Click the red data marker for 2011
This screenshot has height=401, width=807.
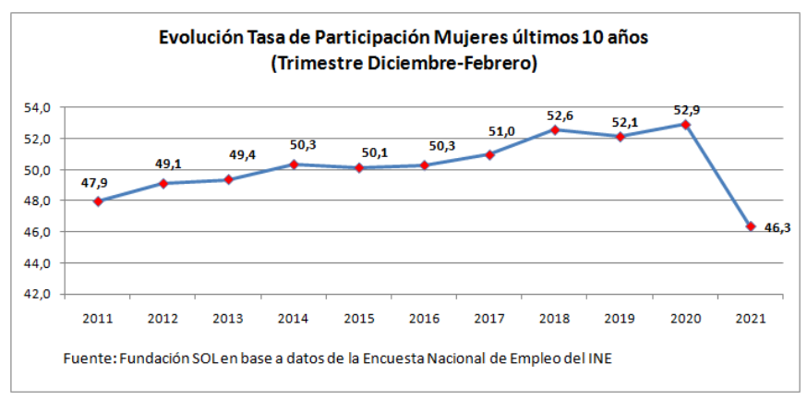pyautogui.click(x=98, y=201)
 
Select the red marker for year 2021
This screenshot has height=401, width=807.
pyautogui.click(x=751, y=226)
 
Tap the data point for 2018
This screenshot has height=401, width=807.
pyautogui.click(x=555, y=129)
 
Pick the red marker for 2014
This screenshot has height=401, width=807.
pyautogui.click(x=294, y=164)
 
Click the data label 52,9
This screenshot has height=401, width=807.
pyautogui.click(x=686, y=111)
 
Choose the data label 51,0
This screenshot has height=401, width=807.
pyautogui.click(x=489, y=133)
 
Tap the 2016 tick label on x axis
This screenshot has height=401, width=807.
pyautogui.click(x=424, y=319)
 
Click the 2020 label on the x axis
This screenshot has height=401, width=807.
pyautogui.click(x=685, y=319)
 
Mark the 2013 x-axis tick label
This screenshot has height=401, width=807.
pyautogui.click(x=228, y=319)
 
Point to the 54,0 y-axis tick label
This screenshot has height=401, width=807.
pyautogui.click(x=37, y=108)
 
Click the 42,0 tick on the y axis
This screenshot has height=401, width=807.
pyautogui.click(x=37, y=295)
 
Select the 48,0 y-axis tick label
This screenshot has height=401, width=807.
pyautogui.click(x=37, y=201)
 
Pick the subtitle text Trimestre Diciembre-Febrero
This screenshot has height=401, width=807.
pyautogui.click(x=404, y=64)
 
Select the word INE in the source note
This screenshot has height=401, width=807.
pyautogui.click(x=598, y=358)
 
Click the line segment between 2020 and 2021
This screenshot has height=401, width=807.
pyautogui.click(x=718, y=176)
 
